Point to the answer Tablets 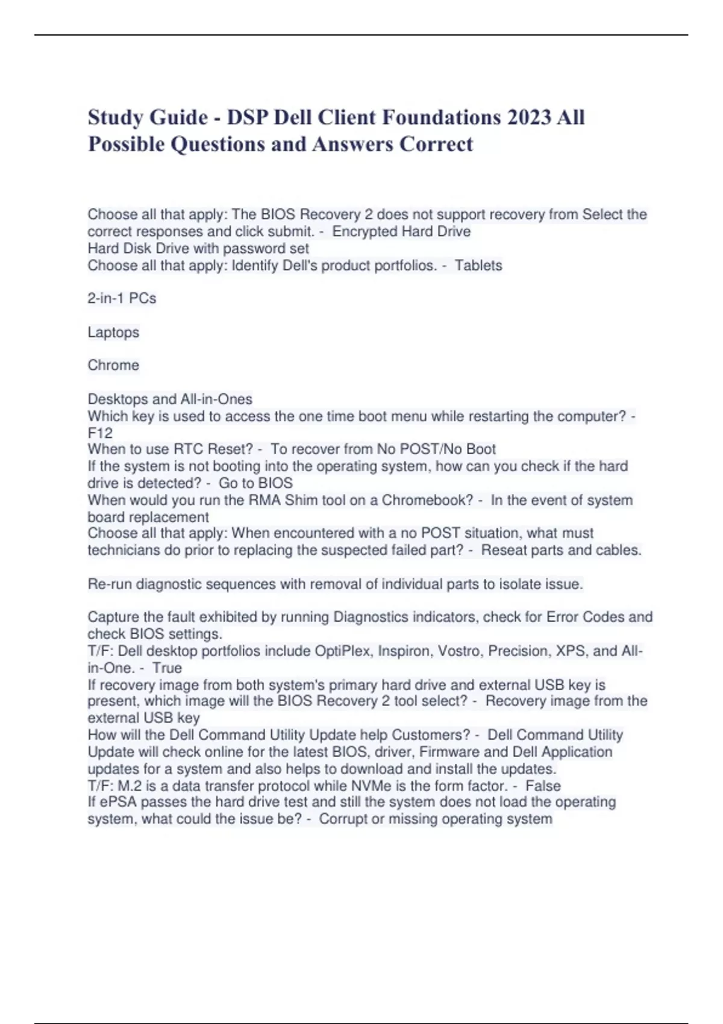[478, 265]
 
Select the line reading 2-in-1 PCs [122, 298]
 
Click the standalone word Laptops [113, 332]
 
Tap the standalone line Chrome [113, 365]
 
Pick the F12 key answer [100, 432]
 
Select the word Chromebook [427, 500]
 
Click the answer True [167, 667]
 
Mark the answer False [543, 785]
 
